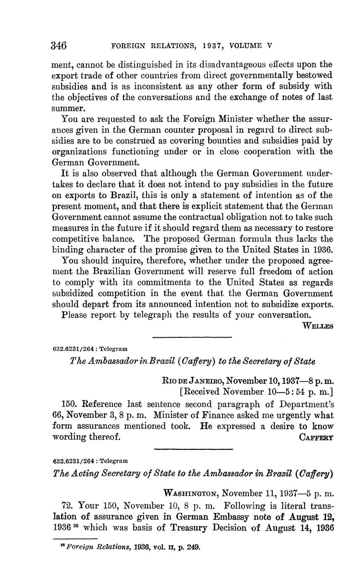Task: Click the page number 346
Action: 59,45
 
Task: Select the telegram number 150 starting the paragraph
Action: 69,404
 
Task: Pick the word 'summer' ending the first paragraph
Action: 65,108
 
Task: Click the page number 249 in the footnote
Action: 193,547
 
